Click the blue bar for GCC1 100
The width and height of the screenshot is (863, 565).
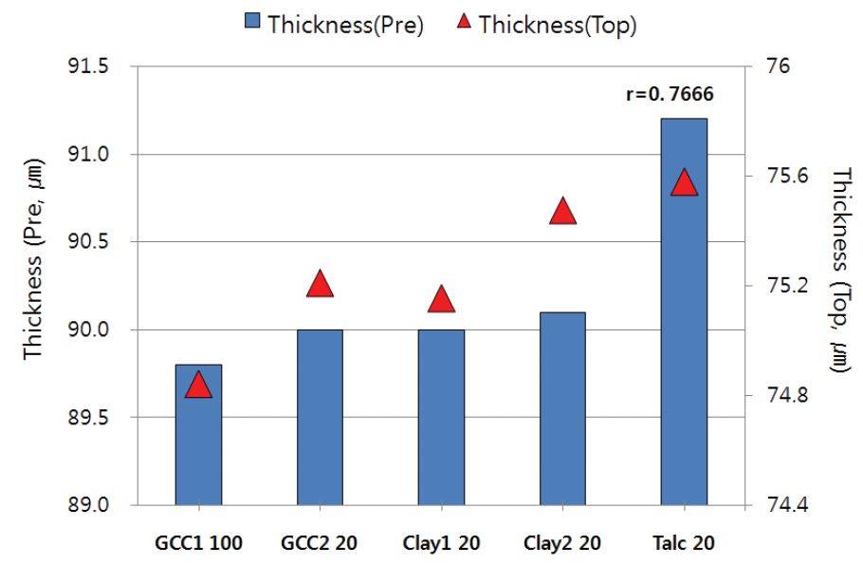click(x=198, y=434)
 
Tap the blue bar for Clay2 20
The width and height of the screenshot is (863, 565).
click(x=562, y=408)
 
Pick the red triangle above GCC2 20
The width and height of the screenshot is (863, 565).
click(x=320, y=284)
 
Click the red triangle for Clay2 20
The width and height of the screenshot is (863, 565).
click(x=563, y=212)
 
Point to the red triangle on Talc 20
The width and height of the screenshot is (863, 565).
click(x=684, y=183)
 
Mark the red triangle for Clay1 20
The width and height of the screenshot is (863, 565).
click(x=441, y=300)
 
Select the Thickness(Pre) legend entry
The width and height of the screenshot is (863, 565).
click(x=333, y=25)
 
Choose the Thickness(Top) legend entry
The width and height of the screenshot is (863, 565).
click(x=545, y=25)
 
